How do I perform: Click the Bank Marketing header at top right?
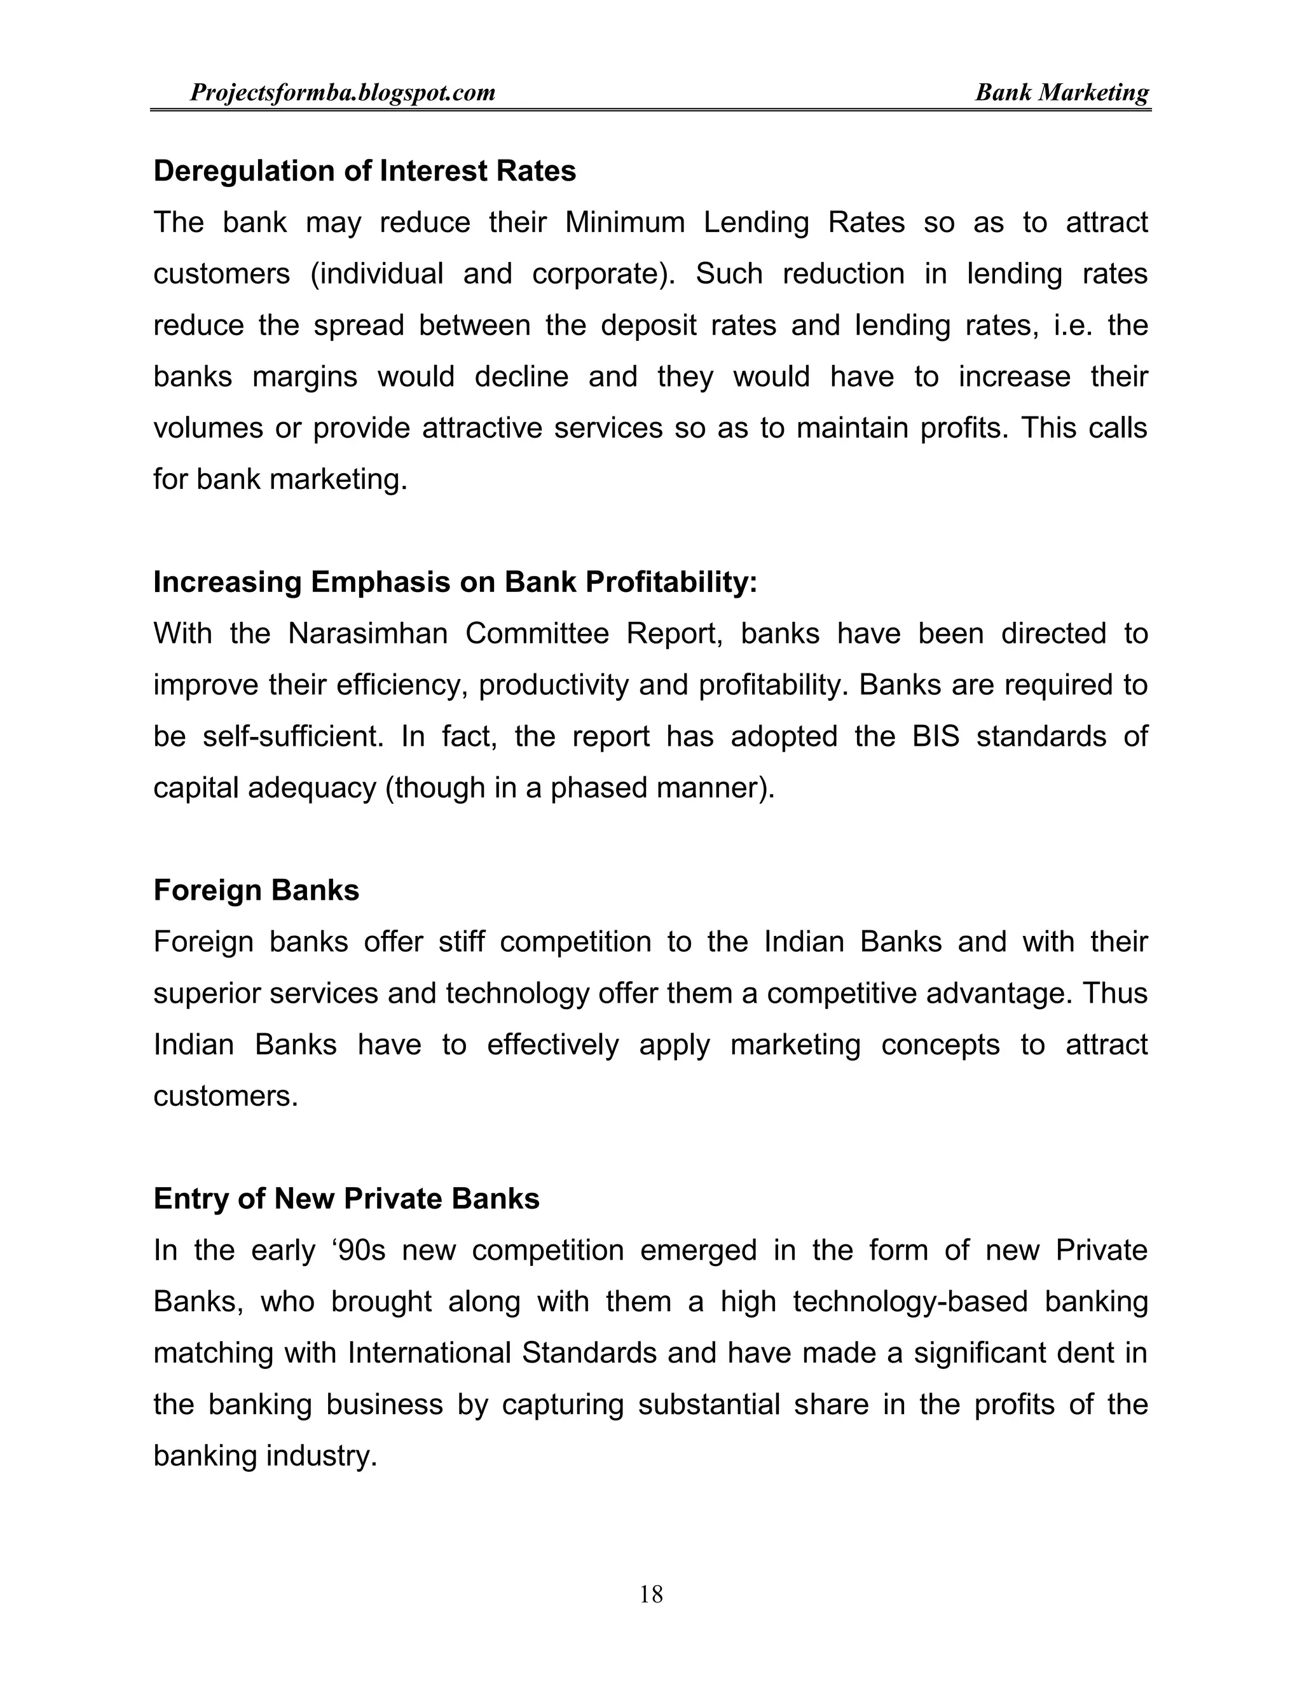coord(1061,93)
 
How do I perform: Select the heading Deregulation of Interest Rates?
coord(364,171)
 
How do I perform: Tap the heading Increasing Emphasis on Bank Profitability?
coord(455,582)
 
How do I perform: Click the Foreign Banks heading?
coord(256,890)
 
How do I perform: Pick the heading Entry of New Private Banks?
coord(346,1198)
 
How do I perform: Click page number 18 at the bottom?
coord(651,1594)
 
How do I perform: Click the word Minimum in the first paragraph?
coord(625,223)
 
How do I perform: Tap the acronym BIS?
coord(936,737)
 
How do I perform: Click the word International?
coord(429,1353)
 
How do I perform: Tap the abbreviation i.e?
coord(1072,326)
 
